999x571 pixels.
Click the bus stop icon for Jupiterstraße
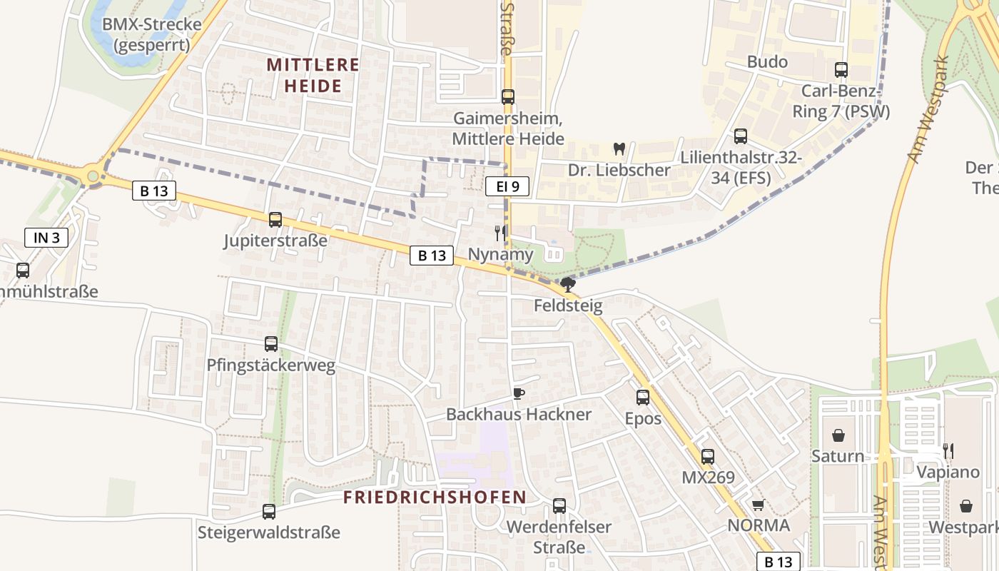point(275,220)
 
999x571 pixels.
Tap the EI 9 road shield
point(507,187)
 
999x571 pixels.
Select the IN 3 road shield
point(46,238)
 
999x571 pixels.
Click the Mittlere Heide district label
point(313,75)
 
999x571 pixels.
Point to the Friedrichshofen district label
point(435,497)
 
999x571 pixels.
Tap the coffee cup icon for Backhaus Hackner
point(518,393)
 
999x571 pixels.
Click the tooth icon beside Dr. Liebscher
point(619,149)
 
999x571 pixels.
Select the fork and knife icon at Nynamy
point(500,233)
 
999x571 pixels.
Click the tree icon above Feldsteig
point(568,285)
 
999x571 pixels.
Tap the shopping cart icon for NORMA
point(758,505)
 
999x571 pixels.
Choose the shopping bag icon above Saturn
point(838,435)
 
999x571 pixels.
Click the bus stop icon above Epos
point(643,397)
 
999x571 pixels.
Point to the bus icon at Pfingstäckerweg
point(271,344)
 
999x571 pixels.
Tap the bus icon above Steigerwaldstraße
point(269,511)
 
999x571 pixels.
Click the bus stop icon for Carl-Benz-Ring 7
point(841,70)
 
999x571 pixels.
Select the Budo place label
point(767,62)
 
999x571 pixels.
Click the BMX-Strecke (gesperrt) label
point(151,34)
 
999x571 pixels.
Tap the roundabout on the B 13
point(93,175)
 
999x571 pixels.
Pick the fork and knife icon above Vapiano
point(948,450)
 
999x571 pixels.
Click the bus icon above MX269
point(707,457)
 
